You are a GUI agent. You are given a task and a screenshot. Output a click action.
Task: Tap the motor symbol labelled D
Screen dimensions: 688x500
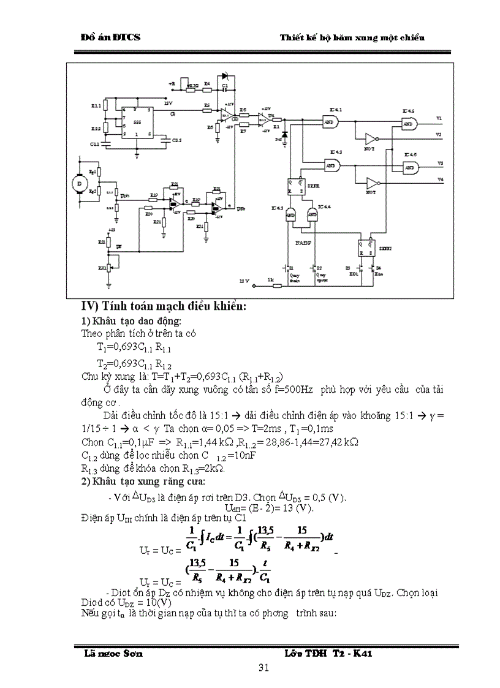(x=77, y=182)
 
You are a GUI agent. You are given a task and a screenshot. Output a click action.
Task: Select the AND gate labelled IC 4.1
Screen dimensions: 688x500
(x=330, y=122)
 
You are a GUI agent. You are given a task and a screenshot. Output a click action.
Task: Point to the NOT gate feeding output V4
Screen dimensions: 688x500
(x=371, y=183)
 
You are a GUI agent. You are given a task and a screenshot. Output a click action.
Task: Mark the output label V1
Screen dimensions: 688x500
(x=439, y=117)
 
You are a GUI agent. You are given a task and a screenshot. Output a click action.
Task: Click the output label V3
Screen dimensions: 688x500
(x=439, y=163)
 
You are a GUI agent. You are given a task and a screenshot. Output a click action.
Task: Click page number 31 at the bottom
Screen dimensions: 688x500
(x=264, y=668)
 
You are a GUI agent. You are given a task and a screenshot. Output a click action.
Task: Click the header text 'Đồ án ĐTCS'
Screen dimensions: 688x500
(x=111, y=37)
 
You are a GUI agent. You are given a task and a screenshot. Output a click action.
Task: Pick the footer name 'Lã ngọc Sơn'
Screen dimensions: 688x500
(x=113, y=654)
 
